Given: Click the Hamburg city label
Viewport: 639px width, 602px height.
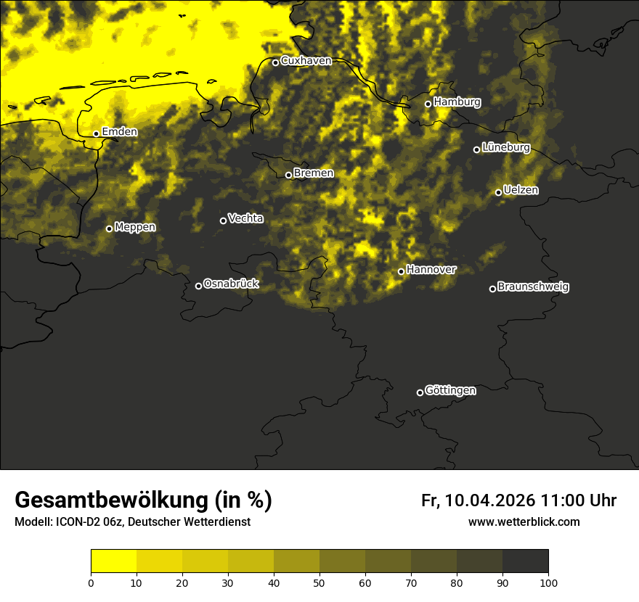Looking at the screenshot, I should (x=457, y=102).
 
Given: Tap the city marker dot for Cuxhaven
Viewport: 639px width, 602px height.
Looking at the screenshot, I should (x=275, y=62).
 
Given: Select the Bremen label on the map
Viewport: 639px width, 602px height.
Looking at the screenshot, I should (x=314, y=173).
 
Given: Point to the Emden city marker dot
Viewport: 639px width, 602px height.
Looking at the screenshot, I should (x=96, y=133).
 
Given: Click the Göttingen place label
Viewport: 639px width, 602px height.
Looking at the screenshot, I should (x=450, y=391).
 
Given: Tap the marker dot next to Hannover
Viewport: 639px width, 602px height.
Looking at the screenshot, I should (x=401, y=271).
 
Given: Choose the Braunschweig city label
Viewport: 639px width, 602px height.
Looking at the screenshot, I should (x=533, y=287).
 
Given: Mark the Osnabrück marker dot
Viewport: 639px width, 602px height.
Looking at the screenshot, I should (x=198, y=286).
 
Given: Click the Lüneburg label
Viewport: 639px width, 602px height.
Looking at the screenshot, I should (x=505, y=148).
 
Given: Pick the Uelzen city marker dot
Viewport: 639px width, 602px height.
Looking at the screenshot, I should (x=498, y=192).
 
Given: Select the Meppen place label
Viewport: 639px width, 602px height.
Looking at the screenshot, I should (x=135, y=227).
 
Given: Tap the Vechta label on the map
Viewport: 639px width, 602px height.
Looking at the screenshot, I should (x=245, y=218).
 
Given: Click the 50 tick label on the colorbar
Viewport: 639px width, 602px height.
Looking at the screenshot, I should (x=319, y=582).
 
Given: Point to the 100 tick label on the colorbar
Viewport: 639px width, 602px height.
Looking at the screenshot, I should (x=548, y=582).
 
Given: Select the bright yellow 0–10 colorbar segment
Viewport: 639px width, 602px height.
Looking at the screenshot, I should (x=113, y=561).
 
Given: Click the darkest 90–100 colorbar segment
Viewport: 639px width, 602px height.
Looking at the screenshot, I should (x=525, y=561).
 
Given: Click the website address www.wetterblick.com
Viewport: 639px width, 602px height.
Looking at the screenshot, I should (x=524, y=522).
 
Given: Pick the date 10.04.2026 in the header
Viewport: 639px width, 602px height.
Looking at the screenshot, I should (x=490, y=500).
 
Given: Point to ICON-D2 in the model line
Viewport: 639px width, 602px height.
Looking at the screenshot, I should (x=77, y=522).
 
